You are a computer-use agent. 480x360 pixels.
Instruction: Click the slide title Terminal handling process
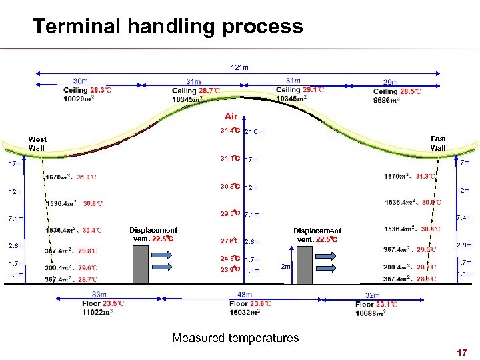pos(167,27)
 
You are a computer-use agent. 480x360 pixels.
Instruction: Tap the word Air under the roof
pos(231,116)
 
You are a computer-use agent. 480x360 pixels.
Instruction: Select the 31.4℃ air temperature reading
pos(230,131)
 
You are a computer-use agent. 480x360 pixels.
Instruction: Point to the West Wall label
pos(37,143)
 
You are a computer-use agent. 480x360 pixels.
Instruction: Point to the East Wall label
pos(438,143)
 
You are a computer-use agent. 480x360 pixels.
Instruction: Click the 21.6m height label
pos(255,132)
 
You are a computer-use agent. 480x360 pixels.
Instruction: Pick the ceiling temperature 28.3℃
pos(101,90)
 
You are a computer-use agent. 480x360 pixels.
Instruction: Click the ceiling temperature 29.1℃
pos(314,89)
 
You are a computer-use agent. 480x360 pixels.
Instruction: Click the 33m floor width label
pos(99,295)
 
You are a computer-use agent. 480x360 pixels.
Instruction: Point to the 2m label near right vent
pos(285,267)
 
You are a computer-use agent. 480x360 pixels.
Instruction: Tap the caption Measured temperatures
pos(235,338)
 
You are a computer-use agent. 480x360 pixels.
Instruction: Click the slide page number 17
pos(461,352)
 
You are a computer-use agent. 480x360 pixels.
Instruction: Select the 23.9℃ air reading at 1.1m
pos(230,270)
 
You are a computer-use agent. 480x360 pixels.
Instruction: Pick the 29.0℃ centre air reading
pos(230,214)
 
